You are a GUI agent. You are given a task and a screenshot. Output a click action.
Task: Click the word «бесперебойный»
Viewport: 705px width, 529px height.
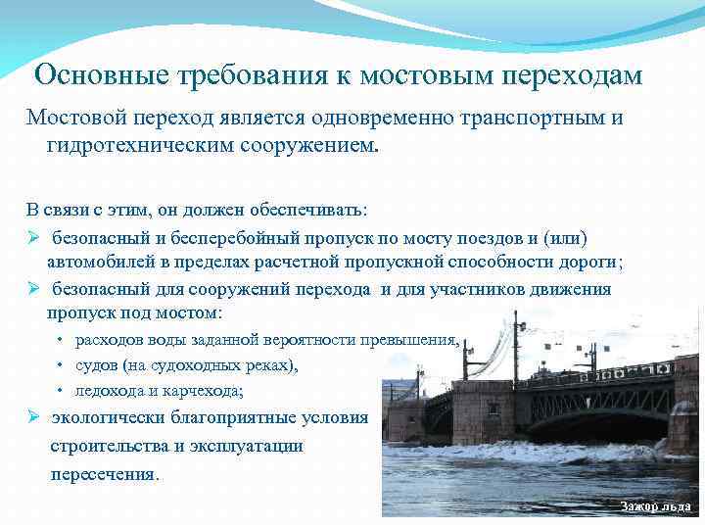(x=223, y=238)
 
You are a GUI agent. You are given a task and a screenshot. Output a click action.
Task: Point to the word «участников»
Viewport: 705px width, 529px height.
(x=481, y=289)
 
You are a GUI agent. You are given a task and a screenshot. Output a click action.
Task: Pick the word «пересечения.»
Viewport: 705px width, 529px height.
(x=103, y=473)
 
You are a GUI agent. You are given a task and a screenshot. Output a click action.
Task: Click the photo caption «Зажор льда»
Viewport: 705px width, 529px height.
(x=655, y=506)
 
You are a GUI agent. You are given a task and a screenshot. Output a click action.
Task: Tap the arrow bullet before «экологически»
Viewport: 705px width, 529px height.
(x=32, y=416)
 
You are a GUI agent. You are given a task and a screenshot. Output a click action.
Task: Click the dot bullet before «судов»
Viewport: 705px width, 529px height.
(x=60, y=365)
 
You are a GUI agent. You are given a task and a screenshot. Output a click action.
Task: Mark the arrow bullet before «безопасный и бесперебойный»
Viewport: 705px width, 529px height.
(x=32, y=238)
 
